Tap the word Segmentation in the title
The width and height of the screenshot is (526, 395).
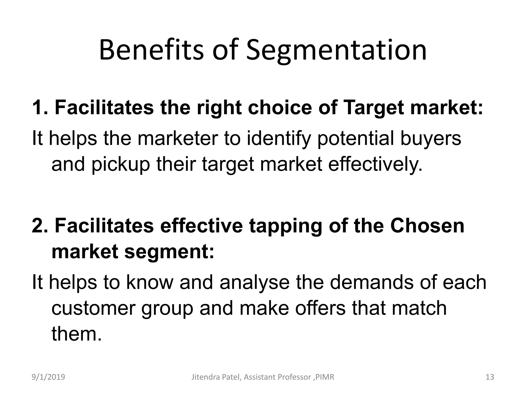(x=336, y=51)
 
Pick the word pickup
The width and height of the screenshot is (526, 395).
(x=120, y=165)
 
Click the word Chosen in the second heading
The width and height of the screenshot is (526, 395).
(x=427, y=226)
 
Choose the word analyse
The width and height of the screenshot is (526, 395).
(x=255, y=282)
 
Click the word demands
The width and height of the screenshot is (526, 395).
(x=371, y=282)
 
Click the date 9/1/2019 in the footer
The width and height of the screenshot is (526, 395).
(x=48, y=377)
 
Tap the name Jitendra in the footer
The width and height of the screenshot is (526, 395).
(x=204, y=377)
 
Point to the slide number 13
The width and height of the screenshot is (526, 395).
(x=490, y=377)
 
